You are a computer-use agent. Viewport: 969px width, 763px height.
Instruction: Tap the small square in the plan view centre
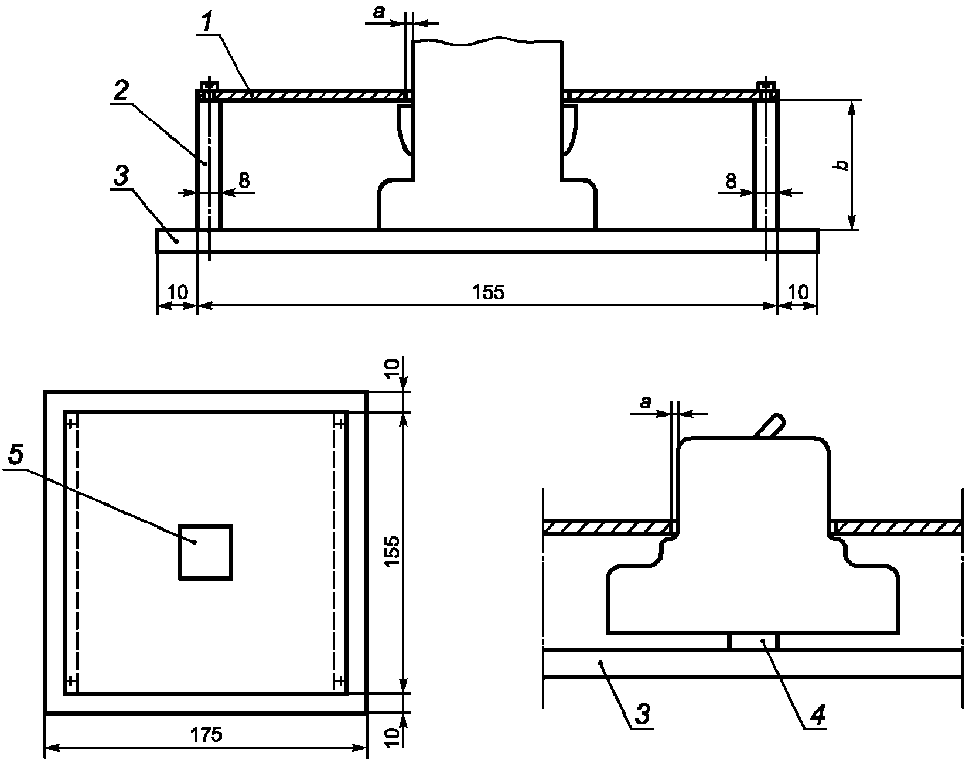206,552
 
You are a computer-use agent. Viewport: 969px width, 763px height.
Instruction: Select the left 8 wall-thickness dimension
244,180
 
